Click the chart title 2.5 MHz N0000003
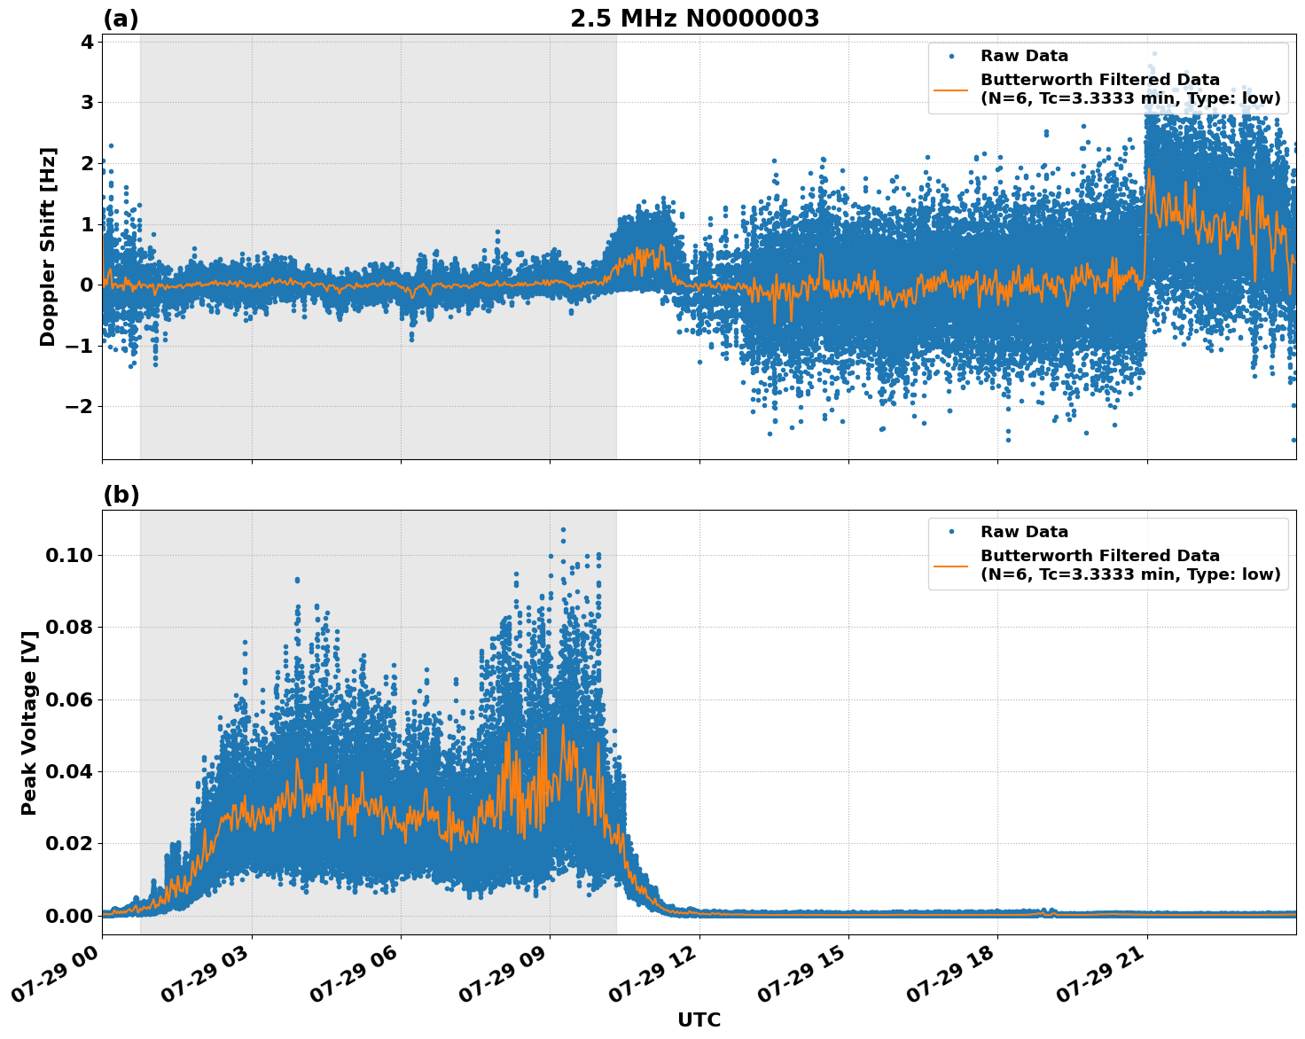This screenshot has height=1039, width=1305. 694,19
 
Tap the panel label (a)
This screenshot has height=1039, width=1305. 121,19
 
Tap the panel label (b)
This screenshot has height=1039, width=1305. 121,495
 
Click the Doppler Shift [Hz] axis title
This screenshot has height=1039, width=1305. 48,246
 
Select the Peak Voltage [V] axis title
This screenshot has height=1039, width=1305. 29,723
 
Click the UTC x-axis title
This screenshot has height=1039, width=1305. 699,1019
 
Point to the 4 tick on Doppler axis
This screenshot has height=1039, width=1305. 87,42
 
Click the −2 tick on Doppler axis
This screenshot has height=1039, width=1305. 81,406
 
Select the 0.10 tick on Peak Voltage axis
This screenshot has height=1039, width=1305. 68,555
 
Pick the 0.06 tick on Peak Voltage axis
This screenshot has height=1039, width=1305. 68,699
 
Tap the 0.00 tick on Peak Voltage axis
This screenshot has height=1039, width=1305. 68,916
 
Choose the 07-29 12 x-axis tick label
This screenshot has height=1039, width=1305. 654,975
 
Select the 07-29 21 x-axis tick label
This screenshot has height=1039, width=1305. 1102,975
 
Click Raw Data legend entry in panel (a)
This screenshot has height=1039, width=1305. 1024,56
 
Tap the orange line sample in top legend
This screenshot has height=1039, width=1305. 950,90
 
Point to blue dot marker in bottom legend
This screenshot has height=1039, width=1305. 951,532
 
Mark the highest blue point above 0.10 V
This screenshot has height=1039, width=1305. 563,529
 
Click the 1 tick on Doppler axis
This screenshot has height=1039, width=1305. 87,224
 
